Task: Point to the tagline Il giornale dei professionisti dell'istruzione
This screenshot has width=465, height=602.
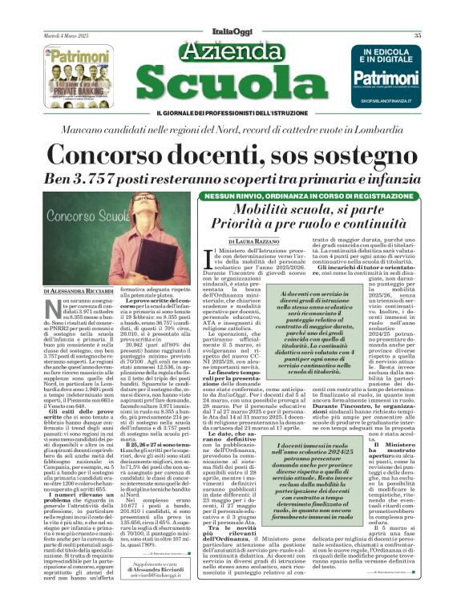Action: [x=232, y=110]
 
